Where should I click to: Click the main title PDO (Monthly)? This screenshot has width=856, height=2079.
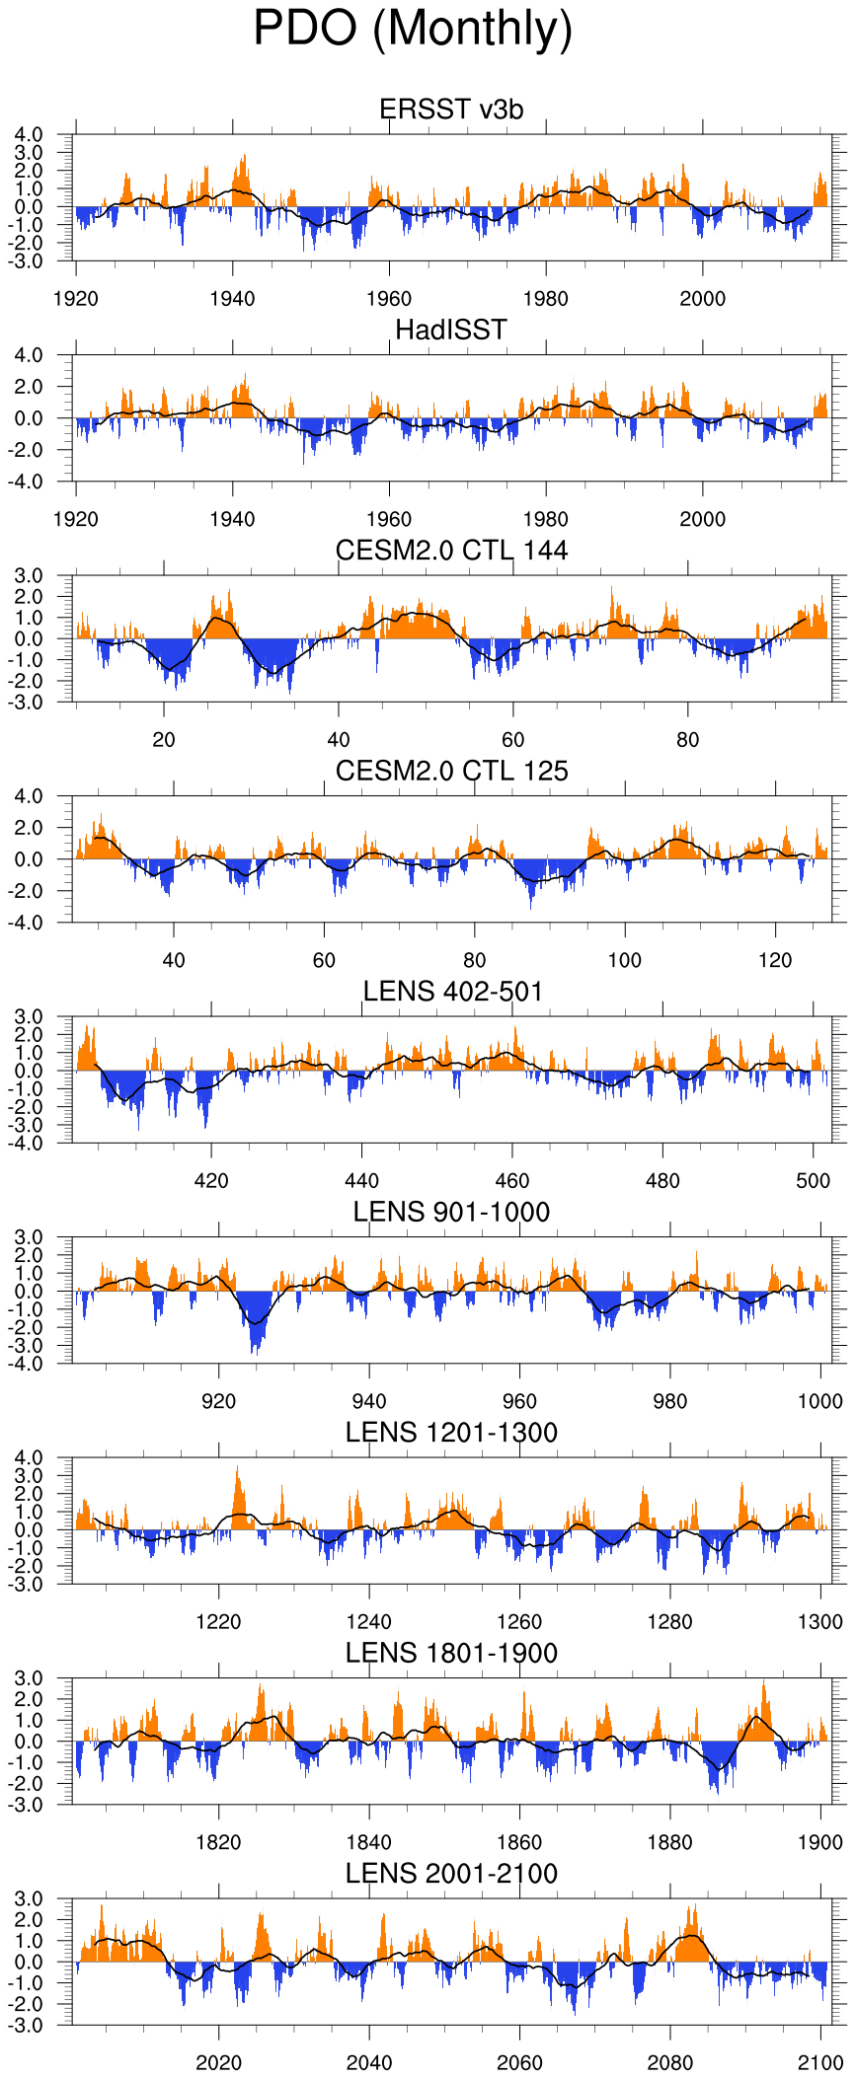(x=413, y=29)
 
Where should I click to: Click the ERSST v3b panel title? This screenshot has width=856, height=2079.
(x=451, y=110)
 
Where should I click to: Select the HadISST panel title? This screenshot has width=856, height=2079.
(x=451, y=330)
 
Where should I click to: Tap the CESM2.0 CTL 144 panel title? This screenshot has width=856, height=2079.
(x=451, y=551)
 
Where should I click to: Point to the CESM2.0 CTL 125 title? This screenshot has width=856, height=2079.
(x=451, y=771)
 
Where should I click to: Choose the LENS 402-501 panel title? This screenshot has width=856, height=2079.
(x=453, y=992)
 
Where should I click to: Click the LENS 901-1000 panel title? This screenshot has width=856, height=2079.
(x=451, y=1212)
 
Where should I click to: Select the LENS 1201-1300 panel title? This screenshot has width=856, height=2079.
(x=451, y=1433)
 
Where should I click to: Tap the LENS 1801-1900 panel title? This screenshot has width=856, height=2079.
(x=451, y=1653)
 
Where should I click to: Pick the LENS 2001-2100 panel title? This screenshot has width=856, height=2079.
(x=451, y=1874)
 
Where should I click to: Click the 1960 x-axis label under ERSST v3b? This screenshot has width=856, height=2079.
(x=389, y=299)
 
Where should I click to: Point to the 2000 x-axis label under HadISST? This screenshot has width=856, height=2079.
(x=702, y=519)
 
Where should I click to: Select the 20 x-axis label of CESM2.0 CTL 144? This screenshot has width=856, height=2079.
(x=164, y=740)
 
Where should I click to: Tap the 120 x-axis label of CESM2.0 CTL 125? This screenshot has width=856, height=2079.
(x=775, y=960)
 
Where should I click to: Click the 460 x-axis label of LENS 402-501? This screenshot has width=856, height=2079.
(x=512, y=1181)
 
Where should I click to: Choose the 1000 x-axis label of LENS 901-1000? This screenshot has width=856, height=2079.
(x=820, y=1401)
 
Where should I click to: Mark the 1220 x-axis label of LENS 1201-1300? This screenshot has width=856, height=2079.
(x=218, y=1622)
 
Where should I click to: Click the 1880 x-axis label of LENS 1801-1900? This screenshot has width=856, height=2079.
(x=670, y=1842)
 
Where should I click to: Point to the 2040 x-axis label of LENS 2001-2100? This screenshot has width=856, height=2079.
(x=369, y=2063)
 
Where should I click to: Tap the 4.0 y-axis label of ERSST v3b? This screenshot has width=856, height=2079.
(x=28, y=134)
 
